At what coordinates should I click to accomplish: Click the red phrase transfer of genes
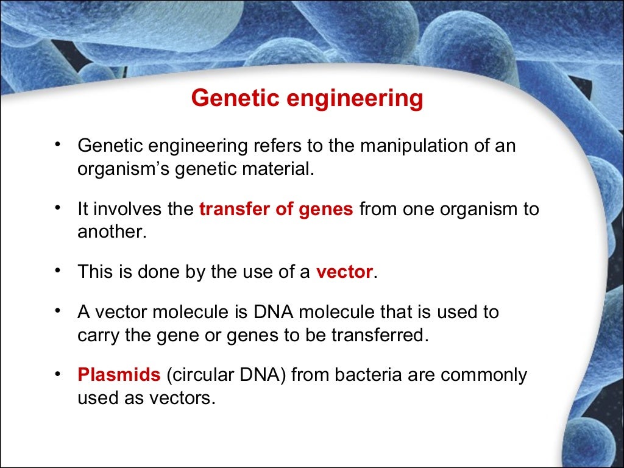276,209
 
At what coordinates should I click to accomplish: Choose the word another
112,232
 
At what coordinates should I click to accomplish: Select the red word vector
344,272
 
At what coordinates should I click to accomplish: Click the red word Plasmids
119,375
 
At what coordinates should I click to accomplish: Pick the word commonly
484,375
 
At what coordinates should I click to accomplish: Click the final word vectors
186,398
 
